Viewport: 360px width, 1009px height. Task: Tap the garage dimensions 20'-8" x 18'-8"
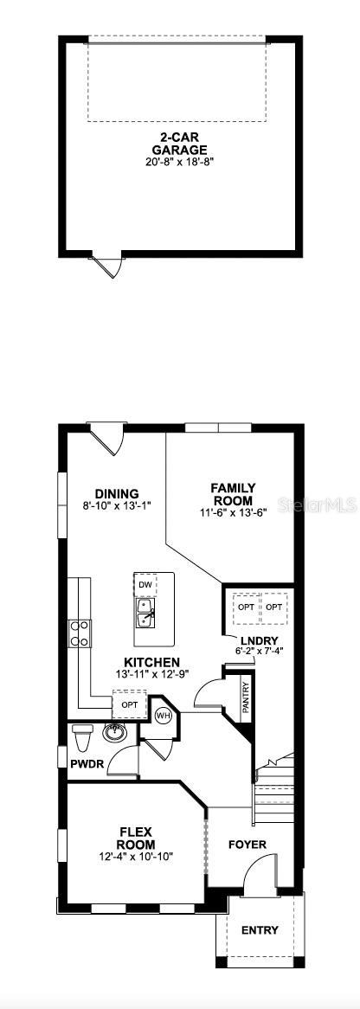[x=181, y=161]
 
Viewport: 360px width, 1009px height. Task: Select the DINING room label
[x=118, y=494]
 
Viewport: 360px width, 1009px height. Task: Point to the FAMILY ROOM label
[x=233, y=494]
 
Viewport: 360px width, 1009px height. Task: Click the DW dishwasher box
[x=145, y=586]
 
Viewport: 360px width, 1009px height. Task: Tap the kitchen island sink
[x=145, y=615]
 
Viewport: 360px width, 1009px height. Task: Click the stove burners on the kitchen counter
[x=80, y=634]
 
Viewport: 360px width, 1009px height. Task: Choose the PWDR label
[x=87, y=764]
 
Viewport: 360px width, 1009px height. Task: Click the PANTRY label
[x=246, y=697]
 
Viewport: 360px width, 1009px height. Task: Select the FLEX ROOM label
[x=138, y=839]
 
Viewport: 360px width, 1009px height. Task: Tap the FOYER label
[x=247, y=845]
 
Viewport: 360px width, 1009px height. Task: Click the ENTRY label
[x=260, y=931]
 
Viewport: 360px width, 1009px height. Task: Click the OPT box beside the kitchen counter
[x=130, y=705]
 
